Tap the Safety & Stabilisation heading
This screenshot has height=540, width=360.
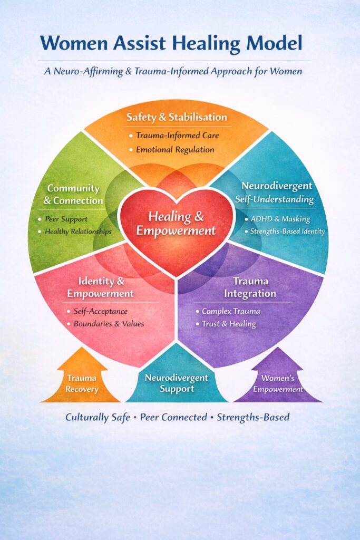pyautogui.click(x=177, y=117)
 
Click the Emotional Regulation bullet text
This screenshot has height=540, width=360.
pyautogui.click(x=175, y=149)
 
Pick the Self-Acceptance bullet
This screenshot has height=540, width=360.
pyautogui.click(x=104, y=311)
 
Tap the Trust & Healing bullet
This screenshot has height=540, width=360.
pyautogui.click(x=228, y=324)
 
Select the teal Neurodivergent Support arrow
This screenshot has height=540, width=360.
pyautogui.click(x=177, y=383)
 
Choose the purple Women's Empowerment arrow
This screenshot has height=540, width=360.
pyautogui.click(x=278, y=382)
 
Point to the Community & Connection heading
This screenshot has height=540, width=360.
pyautogui.click(x=73, y=194)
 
